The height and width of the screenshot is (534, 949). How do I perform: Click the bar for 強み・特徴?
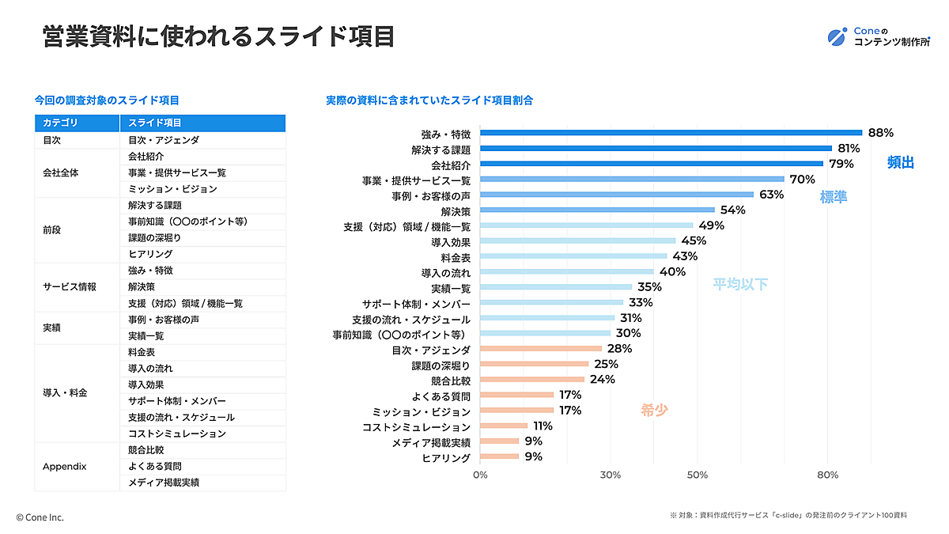(671, 133)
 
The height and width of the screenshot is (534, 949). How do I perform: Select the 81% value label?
(849, 148)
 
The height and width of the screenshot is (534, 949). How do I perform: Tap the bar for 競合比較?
(532, 380)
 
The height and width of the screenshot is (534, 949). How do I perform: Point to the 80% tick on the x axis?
(827, 475)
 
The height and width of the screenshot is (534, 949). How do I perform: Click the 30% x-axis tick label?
(610, 475)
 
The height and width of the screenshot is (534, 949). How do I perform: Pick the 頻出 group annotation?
(900, 163)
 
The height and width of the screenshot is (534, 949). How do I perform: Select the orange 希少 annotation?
(654, 411)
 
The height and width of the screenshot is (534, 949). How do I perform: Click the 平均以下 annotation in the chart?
(740, 284)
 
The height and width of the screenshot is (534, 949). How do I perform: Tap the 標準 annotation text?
(833, 198)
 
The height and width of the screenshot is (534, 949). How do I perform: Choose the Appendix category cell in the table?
(64, 466)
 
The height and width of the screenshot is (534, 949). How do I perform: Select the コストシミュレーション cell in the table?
(176, 434)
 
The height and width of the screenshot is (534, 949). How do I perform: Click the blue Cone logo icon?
(837, 36)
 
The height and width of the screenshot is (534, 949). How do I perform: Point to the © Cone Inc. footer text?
(40, 517)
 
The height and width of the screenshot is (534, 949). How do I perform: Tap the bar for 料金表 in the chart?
(573, 256)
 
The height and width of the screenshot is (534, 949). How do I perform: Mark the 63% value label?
(771, 195)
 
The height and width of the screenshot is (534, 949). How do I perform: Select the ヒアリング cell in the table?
(149, 254)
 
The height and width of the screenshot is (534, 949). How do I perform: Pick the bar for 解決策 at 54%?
(597, 210)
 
